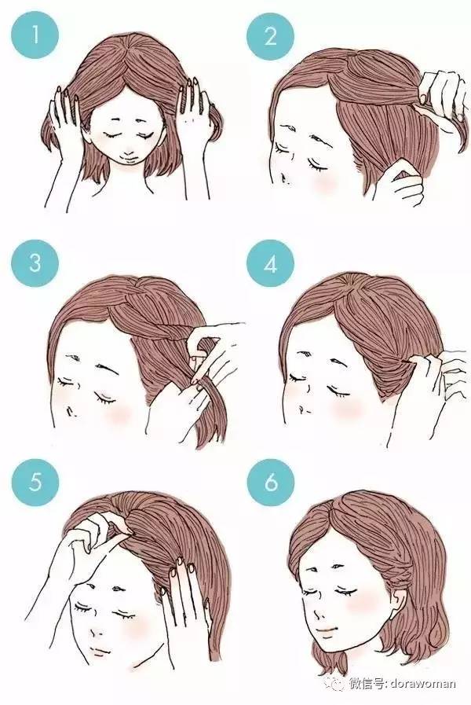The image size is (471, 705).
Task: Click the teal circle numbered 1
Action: [35, 35]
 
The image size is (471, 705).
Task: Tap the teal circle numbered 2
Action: [270, 35]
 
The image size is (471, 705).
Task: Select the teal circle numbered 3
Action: [35, 263]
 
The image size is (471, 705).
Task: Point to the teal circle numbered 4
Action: [270, 263]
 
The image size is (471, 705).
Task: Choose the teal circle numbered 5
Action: [35, 482]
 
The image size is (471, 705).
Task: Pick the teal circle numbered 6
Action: [270, 482]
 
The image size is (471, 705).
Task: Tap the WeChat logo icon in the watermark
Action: [337, 684]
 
